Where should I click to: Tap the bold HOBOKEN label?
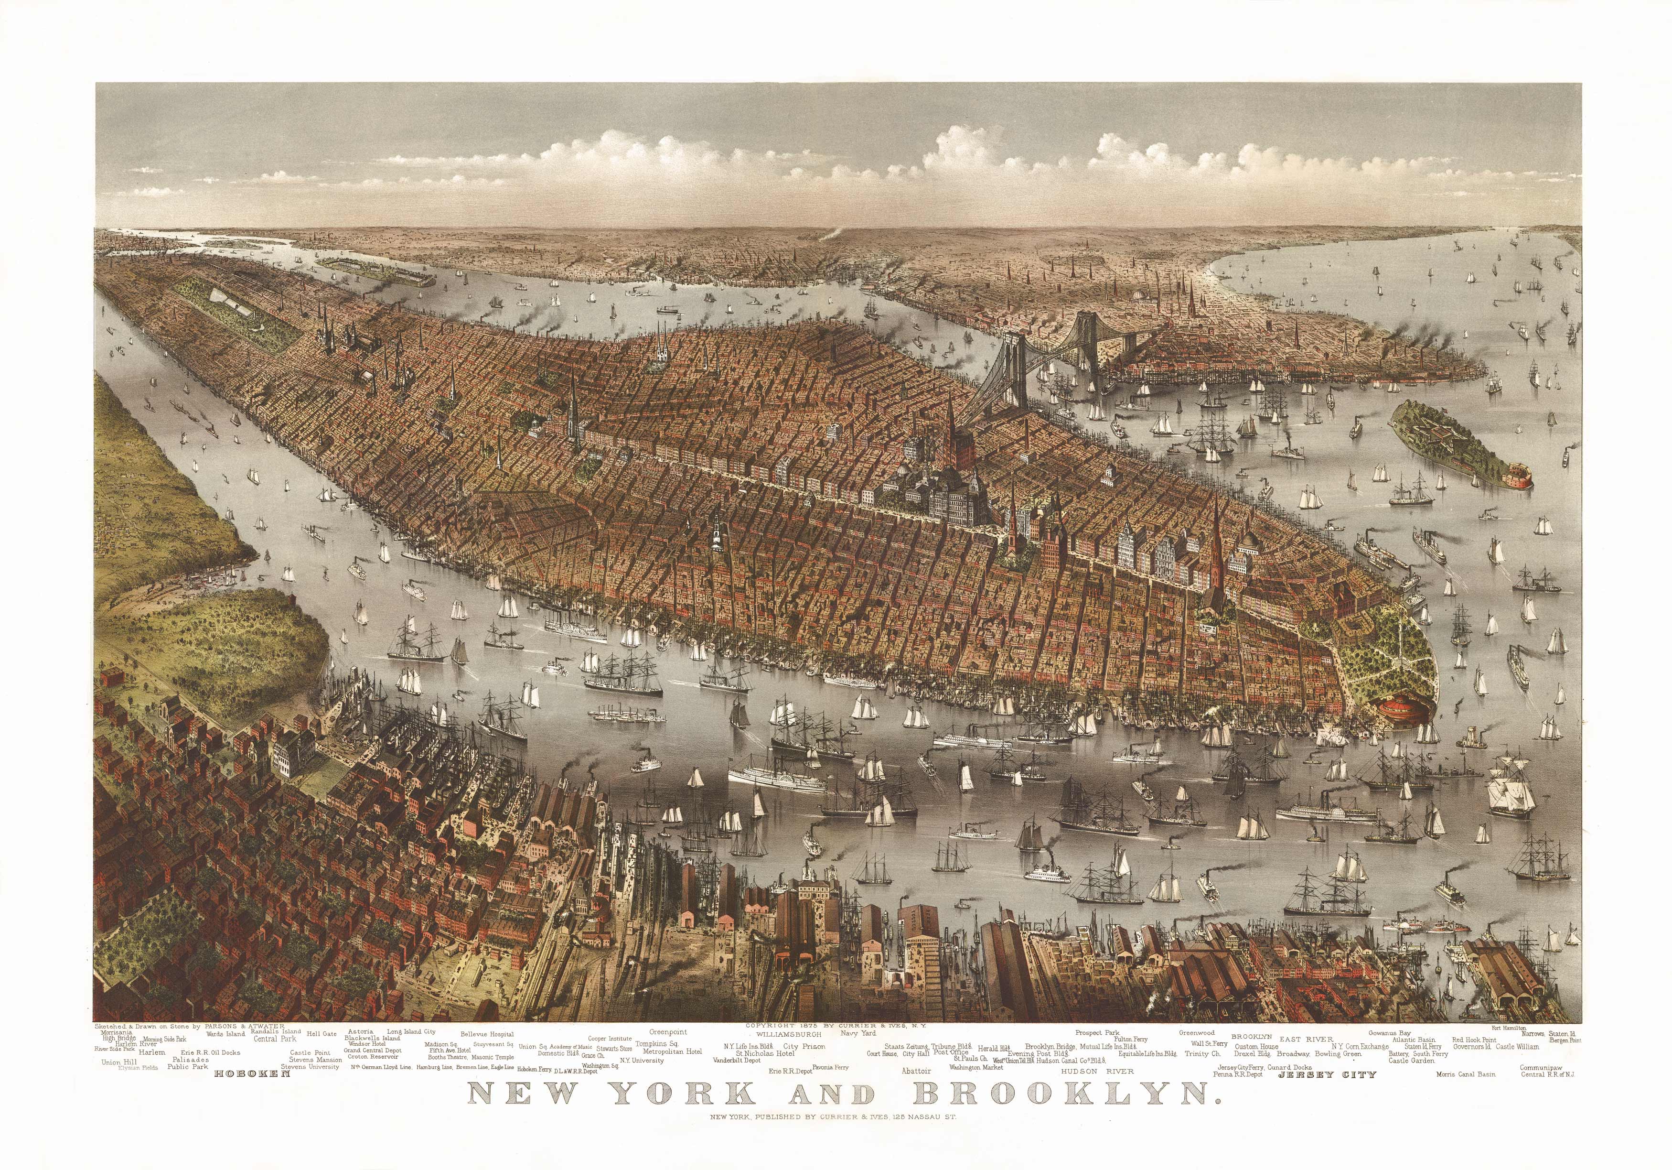[247, 1073]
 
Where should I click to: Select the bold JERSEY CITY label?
[1327, 1074]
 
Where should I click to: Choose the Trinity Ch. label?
[1202, 1053]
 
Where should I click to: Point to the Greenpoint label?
[668, 1031]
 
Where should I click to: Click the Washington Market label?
[976, 1067]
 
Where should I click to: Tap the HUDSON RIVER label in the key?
[1097, 1071]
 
